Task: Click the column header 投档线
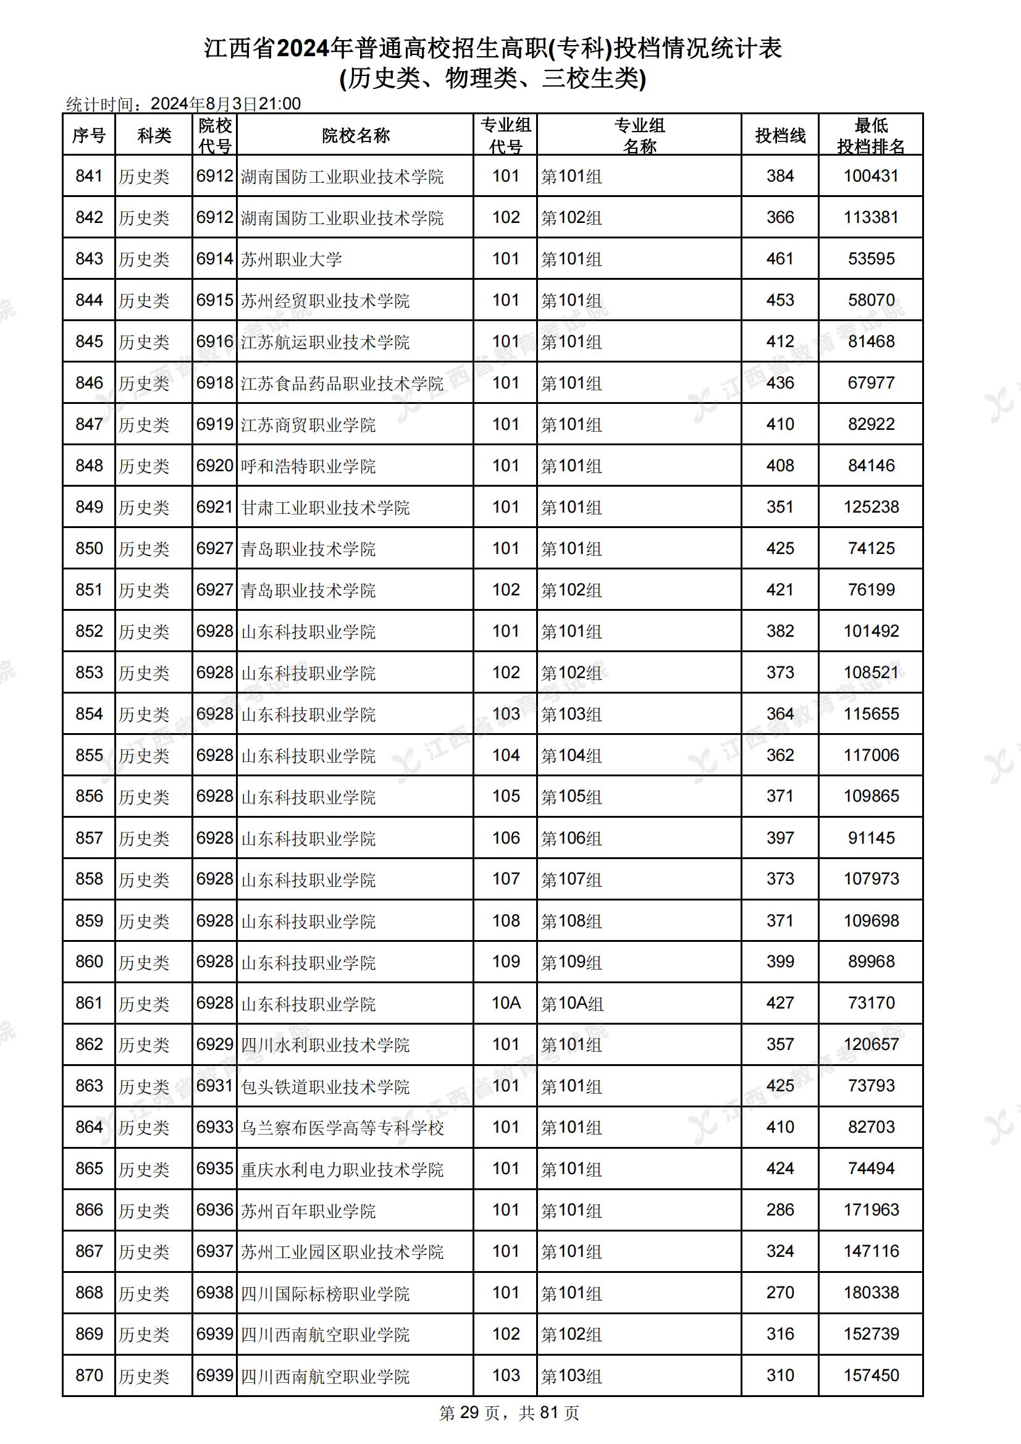[779, 135]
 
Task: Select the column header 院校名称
[355, 135]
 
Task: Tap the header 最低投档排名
[871, 135]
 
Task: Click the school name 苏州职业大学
[292, 259]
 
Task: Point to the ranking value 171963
[871, 1209]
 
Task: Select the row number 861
[89, 1002]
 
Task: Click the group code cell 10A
[506, 1002]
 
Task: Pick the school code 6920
[214, 466]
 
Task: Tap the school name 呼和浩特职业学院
[308, 466]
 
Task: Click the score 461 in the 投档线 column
[779, 259]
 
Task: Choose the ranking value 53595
[871, 259]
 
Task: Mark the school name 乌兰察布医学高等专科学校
[342, 1127]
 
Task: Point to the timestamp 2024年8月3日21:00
[226, 104]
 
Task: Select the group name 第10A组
[572, 1003]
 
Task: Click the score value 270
[779, 1293]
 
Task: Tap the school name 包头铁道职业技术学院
[326, 1086]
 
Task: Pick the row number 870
[89, 1375]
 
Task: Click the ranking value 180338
[871, 1293]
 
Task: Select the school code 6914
[214, 259]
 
